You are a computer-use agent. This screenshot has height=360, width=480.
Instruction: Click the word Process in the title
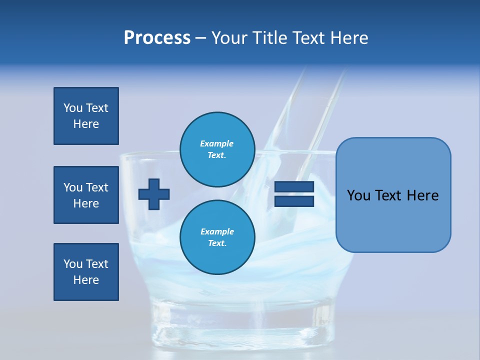pyautogui.click(x=157, y=38)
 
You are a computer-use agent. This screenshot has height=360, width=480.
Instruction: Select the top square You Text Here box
pyautogui.click(x=86, y=116)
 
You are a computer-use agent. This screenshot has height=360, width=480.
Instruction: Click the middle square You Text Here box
pyautogui.click(x=86, y=195)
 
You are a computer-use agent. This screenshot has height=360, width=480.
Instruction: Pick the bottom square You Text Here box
pyautogui.click(x=86, y=272)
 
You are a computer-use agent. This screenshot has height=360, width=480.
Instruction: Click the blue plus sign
pyautogui.click(x=154, y=194)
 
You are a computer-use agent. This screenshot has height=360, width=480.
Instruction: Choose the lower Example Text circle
pyautogui.click(x=217, y=237)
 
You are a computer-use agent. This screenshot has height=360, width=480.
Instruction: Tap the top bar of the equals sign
pyautogui.click(x=294, y=187)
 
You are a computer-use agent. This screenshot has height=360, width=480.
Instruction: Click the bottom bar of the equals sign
pyautogui.click(x=294, y=201)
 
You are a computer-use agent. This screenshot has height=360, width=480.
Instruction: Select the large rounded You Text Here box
pyautogui.click(x=393, y=195)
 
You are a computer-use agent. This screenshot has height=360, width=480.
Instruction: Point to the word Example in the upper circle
pyautogui.click(x=217, y=143)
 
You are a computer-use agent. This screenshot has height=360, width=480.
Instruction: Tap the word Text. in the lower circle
pyautogui.click(x=217, y=243)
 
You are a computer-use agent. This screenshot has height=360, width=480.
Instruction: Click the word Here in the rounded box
pyautogui.click(x=423, y=195)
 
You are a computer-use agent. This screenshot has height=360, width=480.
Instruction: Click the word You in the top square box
pyautogui.click(x=73, y=108)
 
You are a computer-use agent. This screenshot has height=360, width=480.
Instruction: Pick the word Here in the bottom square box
pyautogui.click(x=86, y=280)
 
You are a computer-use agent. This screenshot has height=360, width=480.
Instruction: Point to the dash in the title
pyautogui.click(x=200, y=38)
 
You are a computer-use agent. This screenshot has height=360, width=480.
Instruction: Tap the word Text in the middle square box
pyautogui.click(x=97, y=187)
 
